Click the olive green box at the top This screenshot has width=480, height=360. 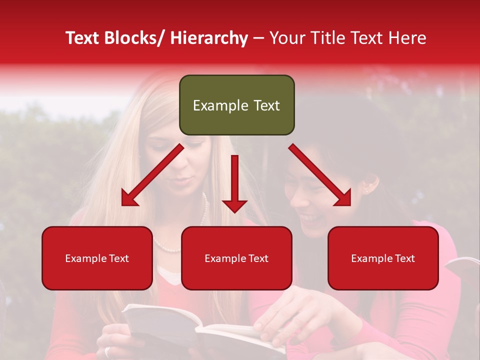pos(236,105)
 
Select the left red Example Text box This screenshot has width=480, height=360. pos(97,258)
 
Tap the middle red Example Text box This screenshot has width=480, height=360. pos(236,258)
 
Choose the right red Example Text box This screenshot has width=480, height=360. pos(383,258)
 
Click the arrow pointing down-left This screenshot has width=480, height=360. pos(152,175)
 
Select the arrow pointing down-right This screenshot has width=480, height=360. pos(320,175)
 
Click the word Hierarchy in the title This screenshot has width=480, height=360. pos(209,38)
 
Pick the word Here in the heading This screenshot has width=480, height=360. pos(407,38)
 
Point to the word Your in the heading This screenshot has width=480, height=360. pos(286,38)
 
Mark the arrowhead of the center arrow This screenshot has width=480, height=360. pos(234,205)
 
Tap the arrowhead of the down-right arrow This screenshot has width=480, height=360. pos(343,198)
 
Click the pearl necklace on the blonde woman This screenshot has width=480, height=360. pos(167,247)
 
